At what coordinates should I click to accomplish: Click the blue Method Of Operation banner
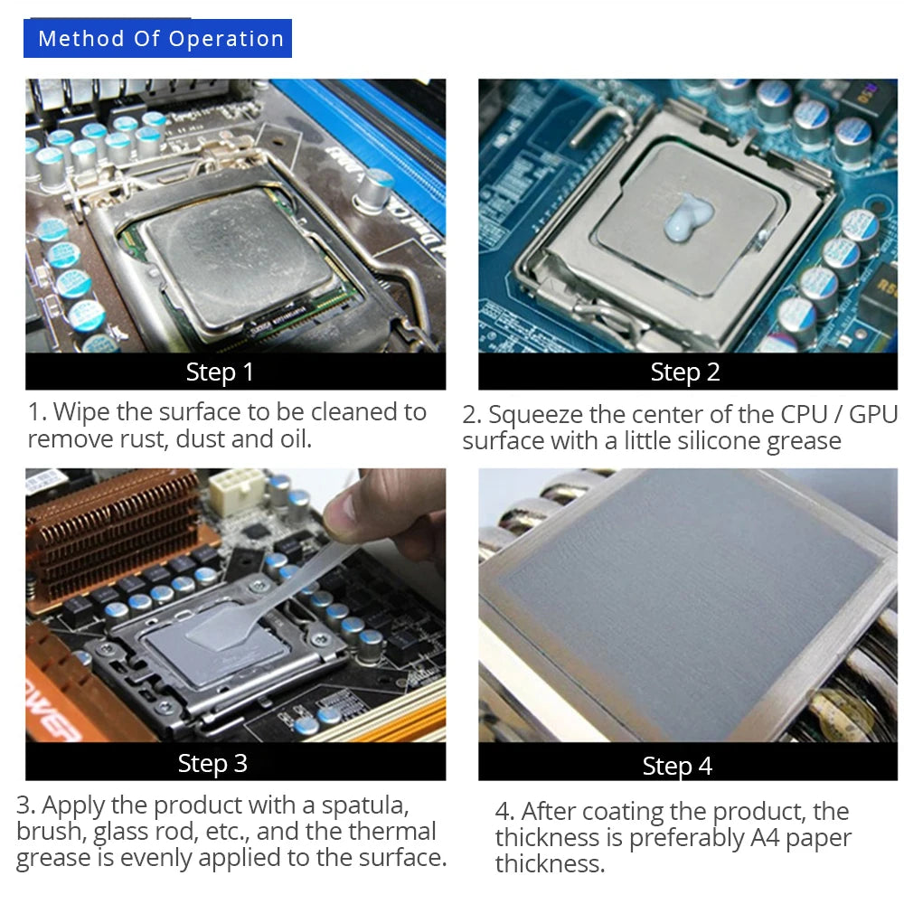157,39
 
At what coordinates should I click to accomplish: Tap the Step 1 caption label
220,372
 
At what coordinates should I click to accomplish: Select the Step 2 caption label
685,372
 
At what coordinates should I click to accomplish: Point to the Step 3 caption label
212,763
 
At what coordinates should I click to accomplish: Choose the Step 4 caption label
677,766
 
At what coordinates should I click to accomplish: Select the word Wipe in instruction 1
81,413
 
